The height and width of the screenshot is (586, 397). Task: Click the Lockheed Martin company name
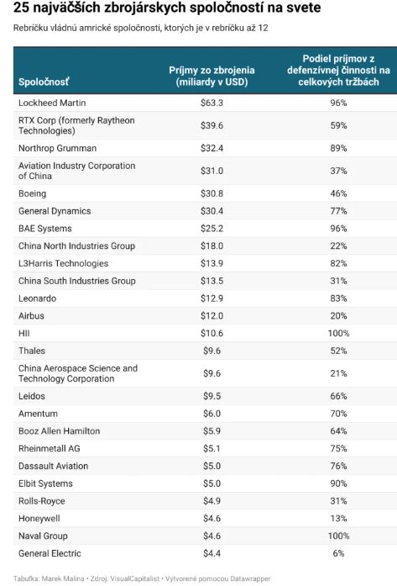click(52, 103)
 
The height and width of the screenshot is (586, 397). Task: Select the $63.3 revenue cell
click(212, 103)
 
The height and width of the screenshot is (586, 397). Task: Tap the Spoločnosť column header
click(44, 82)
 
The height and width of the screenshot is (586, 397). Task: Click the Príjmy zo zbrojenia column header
click(212, 76)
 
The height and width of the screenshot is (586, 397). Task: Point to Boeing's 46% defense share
click(338, 193)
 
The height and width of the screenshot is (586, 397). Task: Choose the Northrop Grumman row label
click(57, 148)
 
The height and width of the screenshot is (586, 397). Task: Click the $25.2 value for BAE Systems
click(212, 229)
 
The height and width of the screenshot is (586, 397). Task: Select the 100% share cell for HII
click(338, 334)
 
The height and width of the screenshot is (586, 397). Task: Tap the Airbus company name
click(31, 316)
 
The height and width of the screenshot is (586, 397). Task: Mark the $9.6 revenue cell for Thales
click(212, 351)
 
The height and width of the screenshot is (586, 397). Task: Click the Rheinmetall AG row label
click(50, 448)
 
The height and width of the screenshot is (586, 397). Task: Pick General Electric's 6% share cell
click(338, 553)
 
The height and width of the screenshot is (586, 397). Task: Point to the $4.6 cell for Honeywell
click(212, 519)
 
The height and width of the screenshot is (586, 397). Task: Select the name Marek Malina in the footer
click(63, 578)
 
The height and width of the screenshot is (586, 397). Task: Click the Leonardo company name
click(37, 298)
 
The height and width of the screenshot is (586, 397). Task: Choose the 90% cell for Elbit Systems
click(338, 483)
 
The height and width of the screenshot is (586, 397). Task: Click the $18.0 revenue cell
click(212, 245)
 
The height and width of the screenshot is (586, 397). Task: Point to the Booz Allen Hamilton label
click(60, 431)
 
